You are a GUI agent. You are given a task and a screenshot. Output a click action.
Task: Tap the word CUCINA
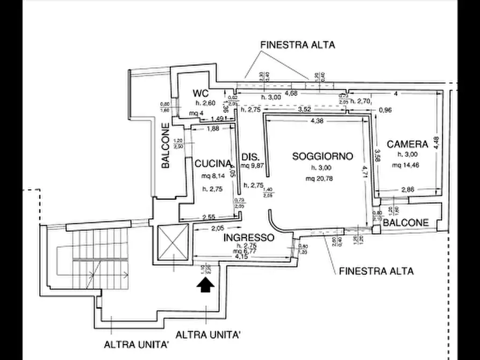coord(213,163)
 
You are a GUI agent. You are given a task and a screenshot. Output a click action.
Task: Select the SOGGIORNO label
coord(323,156)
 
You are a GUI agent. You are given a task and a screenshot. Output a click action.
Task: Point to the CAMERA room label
coord(407,144)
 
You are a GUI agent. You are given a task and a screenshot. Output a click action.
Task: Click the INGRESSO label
coord(249,237)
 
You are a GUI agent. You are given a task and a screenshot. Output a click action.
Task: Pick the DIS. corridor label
coord(250,157)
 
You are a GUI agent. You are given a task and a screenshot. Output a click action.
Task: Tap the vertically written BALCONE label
coord(166,146)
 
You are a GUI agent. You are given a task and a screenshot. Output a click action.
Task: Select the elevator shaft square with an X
coord(173,244)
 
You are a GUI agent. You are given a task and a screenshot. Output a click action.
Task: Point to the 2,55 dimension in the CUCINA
coord(209,217)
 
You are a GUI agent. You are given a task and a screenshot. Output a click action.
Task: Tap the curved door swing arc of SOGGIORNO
coord(275,221)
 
